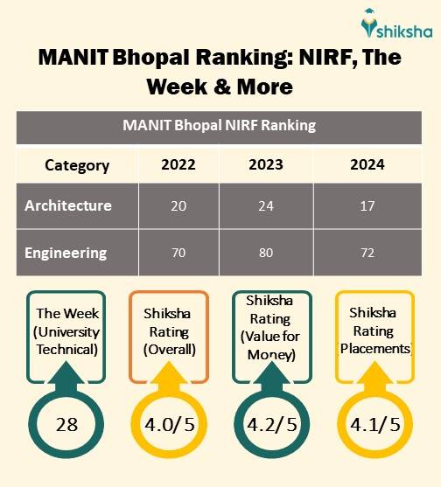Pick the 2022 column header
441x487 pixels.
point(178,164)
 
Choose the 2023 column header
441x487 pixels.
point(267,164)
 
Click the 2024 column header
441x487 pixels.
point(367,164)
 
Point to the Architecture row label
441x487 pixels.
point(68,206)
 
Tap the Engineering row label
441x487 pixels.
point(66,253)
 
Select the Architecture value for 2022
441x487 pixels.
point(178,206)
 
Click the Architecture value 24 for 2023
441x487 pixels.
point(267,206)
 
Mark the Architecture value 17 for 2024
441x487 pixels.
point(367,206)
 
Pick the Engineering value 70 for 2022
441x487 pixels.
point(178,254)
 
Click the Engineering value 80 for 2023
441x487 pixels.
point(267,254)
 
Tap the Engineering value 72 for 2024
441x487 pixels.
point(367,254)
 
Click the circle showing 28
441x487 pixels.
point(67,426)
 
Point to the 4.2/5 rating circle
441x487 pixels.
point(272,426)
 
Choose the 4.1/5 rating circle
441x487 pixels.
point(374,426)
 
